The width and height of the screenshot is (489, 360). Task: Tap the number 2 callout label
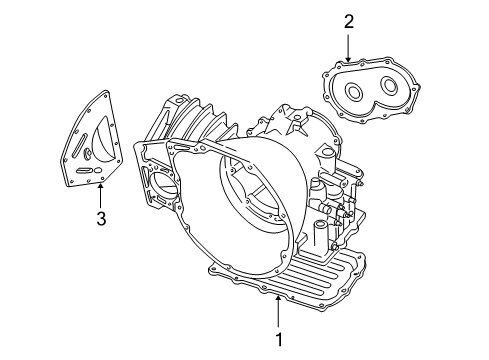[348, 20]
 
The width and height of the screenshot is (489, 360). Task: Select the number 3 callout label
[100, 219]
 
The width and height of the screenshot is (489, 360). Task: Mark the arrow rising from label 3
[100, 195]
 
